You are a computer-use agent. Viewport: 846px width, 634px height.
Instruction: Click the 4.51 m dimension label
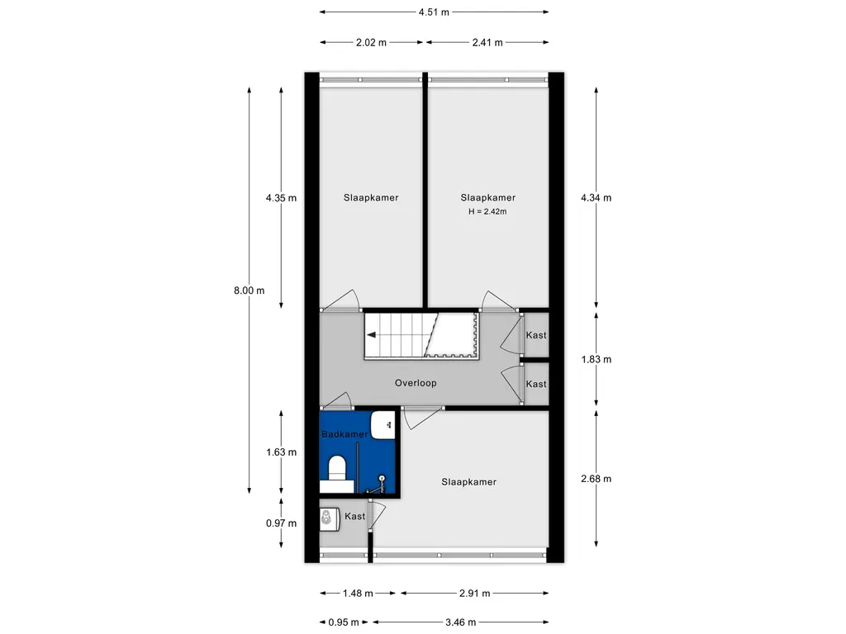[x=434, y=12]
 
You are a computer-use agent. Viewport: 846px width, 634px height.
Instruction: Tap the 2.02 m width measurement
[x=371, y=43]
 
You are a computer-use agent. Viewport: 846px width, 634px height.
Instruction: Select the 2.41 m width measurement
[x=487, y=43]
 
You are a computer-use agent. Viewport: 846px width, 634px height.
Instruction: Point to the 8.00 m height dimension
[x=250, y=291]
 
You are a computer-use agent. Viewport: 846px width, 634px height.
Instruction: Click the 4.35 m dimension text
[x=281, y=198]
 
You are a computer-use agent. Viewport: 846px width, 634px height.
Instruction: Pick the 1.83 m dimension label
[x=596, y=360]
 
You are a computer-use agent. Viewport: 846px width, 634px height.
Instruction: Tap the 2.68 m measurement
[x=596, y=479]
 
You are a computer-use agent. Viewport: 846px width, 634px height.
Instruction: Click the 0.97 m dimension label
[x=281, y=523]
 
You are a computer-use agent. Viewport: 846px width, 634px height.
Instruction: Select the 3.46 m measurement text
[x=460, y=622]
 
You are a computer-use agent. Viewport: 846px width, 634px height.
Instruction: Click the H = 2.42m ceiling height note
[x=487, y=212]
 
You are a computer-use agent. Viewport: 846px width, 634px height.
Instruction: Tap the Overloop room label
[x=416, y=383]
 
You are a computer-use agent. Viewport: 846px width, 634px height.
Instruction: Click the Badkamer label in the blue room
[x=345, y=434]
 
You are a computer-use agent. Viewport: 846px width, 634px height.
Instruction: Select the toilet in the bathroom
[x=337, y=467]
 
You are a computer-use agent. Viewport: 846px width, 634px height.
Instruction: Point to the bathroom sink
[x=383, y=425]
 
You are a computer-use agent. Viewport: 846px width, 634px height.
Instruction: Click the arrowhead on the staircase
[x=372, y=335]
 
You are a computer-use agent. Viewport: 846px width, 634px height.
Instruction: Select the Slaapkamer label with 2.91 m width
[x=469, y=482]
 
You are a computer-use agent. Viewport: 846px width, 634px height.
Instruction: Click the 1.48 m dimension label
[x=358, y=594]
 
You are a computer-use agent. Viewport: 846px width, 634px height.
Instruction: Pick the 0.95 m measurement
[x=344, y=622]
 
